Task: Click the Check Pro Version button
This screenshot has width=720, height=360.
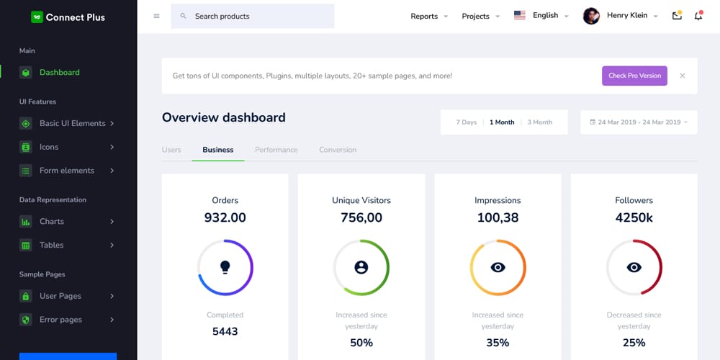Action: point(634,76)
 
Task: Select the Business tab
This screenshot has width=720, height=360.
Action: point(217,150)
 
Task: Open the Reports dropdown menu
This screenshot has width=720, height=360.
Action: point(429,16)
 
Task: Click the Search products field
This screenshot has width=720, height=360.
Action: point(253,16)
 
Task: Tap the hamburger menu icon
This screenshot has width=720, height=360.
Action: point(156,16)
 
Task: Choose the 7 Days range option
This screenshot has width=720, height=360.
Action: point(466,122)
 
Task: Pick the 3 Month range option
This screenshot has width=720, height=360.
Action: point(539,122)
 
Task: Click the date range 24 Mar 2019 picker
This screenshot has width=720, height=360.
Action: point(639,122)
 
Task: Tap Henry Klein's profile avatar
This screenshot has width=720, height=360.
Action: point(591,16)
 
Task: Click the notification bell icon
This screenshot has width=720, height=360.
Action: point(698,16)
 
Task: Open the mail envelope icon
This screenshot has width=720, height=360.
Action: point(677,16)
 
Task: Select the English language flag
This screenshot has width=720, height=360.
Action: point(520,15)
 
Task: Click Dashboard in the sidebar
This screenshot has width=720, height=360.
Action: point(59,73)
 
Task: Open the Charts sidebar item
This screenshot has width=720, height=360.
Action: point(52,222)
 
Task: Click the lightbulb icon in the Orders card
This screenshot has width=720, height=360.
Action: point(225,267)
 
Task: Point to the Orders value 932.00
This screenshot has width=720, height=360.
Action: point(225,217)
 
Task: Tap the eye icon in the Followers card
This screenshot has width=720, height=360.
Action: point(634,267)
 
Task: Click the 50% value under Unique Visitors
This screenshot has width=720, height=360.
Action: point(361,343)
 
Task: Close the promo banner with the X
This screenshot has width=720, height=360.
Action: point(682,76)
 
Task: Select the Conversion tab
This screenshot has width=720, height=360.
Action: point(338,150)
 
